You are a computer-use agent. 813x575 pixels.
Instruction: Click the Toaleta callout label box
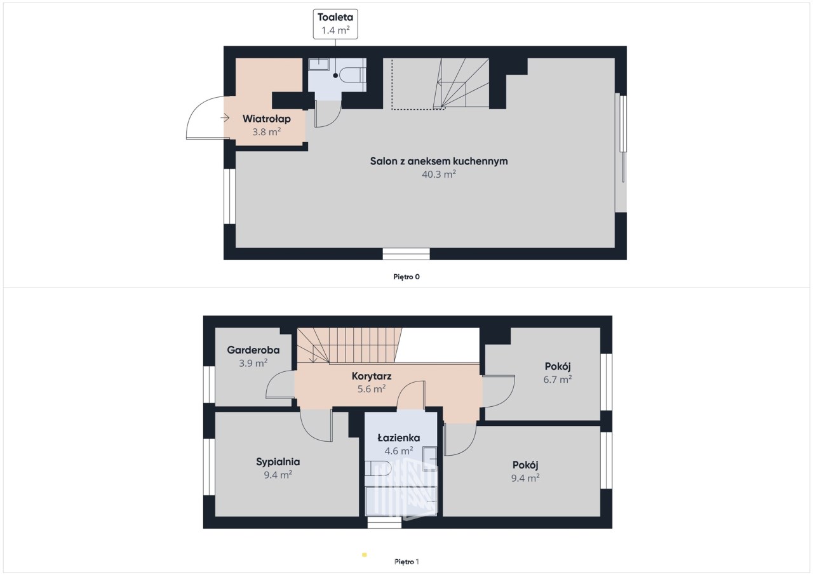(335, 24)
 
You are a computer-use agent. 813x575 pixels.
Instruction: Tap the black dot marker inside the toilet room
(335, 76)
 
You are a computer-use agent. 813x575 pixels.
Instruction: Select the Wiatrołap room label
(266, 119)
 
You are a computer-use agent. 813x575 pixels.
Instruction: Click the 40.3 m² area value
(439, 175)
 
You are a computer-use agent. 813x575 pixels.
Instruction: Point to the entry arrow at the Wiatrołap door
(225, 117)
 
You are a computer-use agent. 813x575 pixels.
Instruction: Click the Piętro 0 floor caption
(406, 277)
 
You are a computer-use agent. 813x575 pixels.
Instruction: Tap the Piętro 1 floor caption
(406, 562)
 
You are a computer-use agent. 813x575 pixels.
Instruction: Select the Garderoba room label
(253, 350)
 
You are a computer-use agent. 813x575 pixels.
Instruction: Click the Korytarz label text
(372, 376)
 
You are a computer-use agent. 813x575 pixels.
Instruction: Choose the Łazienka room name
(399, 437)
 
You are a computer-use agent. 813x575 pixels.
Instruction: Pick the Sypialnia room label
(278, 462)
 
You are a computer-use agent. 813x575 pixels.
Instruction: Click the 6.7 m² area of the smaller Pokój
(558, 380)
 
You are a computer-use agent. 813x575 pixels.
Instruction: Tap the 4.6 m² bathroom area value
(399, 451)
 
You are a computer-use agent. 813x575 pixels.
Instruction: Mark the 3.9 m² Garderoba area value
(253, 363)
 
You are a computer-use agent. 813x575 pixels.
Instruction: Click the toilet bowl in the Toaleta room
(350, 76)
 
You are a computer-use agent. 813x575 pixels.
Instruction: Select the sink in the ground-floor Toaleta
(319, 65)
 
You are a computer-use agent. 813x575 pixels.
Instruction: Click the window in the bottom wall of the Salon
(406, 254)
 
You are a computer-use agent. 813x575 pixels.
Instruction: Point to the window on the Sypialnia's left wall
(209, 467)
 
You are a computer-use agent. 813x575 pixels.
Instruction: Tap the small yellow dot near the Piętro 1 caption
(365, 555)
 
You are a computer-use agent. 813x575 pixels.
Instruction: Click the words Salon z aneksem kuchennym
(439, 161)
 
